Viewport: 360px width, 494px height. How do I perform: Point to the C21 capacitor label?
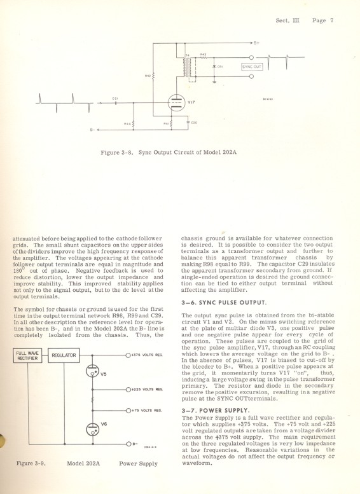(115, 99)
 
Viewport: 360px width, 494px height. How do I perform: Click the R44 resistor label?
(127, 123)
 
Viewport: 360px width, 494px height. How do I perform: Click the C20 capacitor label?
(194, 122)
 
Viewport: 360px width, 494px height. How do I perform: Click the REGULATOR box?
(64, 355)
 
